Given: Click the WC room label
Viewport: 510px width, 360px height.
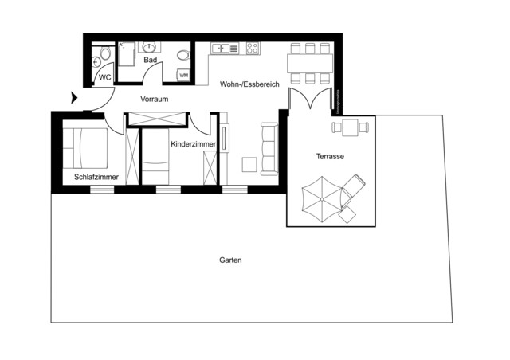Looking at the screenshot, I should coord(104,77).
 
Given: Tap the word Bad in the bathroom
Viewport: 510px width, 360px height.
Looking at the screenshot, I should coord(149,61).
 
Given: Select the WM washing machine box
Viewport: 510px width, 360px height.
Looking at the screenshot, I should coord(184,75).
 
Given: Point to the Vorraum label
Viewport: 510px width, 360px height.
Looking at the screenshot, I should coord(154,100).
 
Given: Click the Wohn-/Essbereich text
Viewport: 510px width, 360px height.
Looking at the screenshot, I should coord(249,83).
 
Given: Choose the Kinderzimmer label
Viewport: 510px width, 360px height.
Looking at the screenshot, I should coord(191,144).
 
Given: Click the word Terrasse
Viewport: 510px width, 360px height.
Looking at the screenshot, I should coord(329,157).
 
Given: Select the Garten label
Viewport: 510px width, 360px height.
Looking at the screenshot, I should coord(230,260).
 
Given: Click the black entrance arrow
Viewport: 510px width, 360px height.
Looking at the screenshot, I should coord(74,99).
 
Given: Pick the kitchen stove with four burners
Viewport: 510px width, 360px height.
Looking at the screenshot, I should coord(253,48).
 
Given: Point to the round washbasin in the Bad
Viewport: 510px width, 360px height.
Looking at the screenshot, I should coord(151,46).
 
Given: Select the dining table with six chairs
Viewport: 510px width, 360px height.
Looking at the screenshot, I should coord(310,62).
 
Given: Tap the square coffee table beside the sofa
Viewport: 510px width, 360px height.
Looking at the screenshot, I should coord(249,165).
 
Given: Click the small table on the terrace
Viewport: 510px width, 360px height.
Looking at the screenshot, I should coord(351,126).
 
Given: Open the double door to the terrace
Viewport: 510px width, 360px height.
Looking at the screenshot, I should coord(309,101).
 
